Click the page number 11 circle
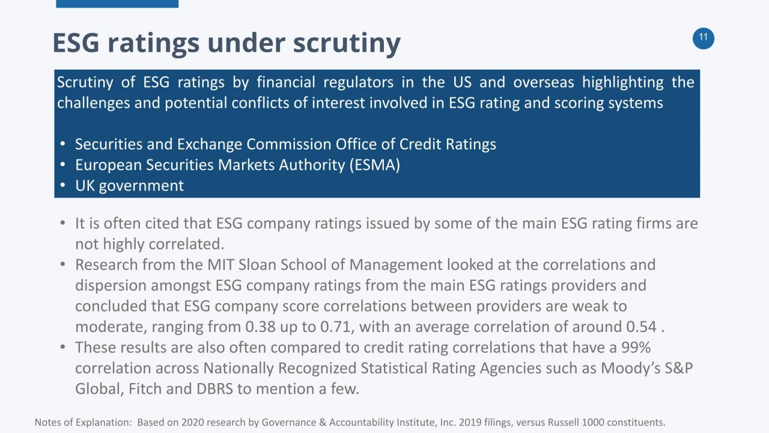click(x=703, y=38)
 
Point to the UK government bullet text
click(x=129, y=185)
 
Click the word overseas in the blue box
click(x=545, y=82)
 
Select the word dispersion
click(x=111, y=286)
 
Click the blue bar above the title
click(x=117, y=4)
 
